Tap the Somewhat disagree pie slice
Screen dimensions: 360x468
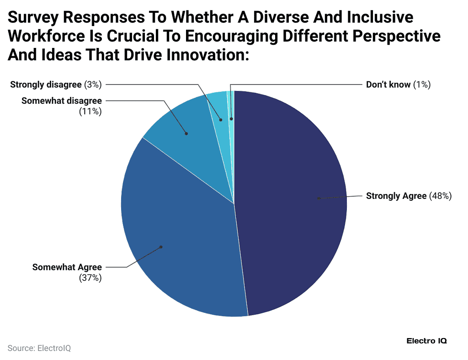(187, 128)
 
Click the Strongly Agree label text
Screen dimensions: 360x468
(396, 196)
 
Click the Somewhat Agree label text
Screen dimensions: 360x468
(67, 267)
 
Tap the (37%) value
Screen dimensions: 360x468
(90, 278)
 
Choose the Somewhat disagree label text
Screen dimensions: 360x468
(61, 101)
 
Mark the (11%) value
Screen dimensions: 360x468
(90, 111)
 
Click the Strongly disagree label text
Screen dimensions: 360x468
(46, 85)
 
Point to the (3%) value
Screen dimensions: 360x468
(93, 85)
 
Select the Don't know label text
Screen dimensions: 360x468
(388, 85)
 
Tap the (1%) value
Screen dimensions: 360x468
(422, 85)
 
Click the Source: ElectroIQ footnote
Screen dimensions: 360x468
(39, 348)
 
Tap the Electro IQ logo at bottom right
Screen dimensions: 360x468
(426, 341)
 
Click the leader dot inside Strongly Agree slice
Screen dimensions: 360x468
(319, 198)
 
